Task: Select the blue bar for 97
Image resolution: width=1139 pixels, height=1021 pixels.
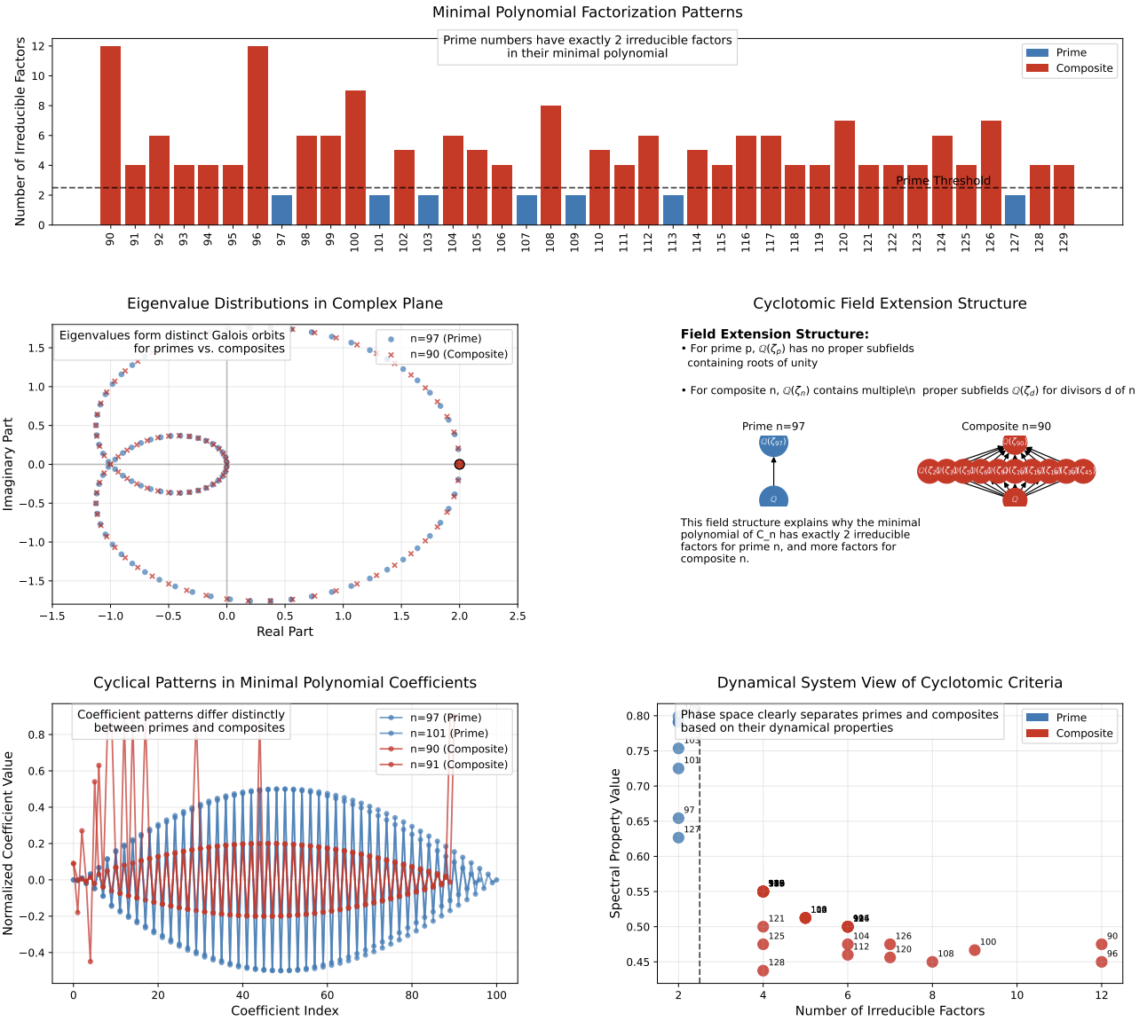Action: pos(281,210)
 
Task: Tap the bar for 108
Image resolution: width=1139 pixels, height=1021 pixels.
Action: pos(550,165)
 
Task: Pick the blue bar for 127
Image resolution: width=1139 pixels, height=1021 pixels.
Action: pos(1015,210)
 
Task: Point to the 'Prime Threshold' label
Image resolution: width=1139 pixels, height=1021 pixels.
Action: pos(943,181)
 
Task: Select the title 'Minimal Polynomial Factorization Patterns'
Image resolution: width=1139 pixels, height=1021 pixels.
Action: pos(587,12)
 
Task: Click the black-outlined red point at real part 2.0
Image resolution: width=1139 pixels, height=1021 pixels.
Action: pos(459,465)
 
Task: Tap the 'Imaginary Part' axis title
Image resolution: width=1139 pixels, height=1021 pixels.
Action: pos(9,465)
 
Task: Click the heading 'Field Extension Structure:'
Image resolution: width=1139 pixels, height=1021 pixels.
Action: pos(774,334)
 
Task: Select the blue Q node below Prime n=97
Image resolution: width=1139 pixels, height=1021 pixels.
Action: pos(773,498)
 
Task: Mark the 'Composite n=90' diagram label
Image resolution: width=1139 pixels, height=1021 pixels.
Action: pos(1006,427)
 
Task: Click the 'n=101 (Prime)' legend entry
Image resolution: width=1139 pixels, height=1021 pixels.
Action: pos(448,734)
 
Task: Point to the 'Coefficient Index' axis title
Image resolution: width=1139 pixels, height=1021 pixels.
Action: pos(285,1010)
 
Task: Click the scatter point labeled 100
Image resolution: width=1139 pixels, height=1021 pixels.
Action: pos(975,950)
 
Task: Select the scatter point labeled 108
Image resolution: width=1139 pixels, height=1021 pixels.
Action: pos(932,962)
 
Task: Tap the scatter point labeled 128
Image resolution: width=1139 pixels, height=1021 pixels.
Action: pos(763,970)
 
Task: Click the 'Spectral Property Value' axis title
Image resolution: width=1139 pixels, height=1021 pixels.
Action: pos(615,843)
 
